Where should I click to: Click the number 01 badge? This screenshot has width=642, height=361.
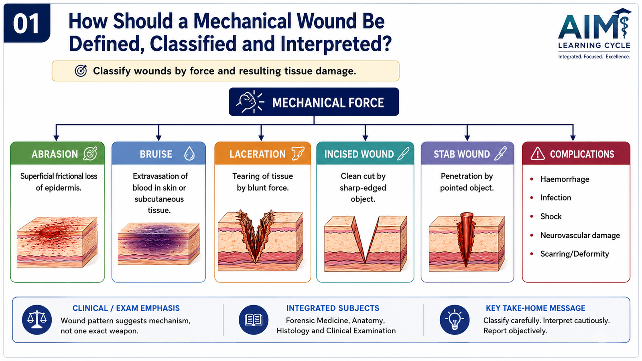tap(26, 23)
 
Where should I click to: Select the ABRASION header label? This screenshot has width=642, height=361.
tap(55, 154)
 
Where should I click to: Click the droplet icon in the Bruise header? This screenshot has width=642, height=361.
tap(189, 154)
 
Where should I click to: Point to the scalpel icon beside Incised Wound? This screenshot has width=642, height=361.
tap(404, 154)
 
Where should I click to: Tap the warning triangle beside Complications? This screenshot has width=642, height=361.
tap(537, 154)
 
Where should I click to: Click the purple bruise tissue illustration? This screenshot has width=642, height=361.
tap(158, 244)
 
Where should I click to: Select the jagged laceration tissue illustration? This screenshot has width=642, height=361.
tap(260, 240)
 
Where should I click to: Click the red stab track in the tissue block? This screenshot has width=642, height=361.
tap(466, 238)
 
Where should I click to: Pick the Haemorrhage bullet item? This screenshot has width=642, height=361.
tap(564, 179)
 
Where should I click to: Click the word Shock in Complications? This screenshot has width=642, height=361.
tap(551, 216)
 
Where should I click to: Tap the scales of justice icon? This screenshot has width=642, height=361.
tap(37, 320)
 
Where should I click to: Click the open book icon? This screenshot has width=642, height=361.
tap(254, 320)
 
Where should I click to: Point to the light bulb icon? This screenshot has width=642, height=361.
tap(455, 320)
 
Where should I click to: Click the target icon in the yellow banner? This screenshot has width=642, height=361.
tap(81, 71)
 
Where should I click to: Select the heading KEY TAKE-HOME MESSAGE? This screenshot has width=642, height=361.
tap(535, 308)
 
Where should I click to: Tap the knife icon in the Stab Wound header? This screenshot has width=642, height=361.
tap(501, 154)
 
